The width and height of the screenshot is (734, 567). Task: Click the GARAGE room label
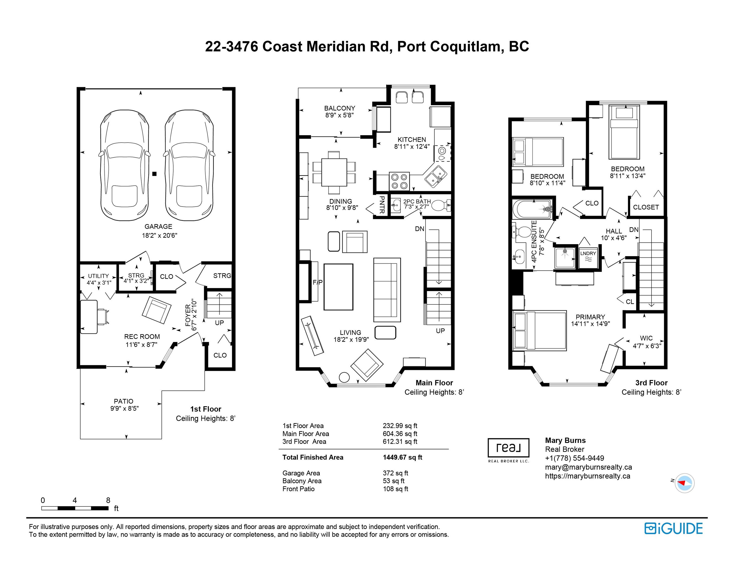[x=158, y=226]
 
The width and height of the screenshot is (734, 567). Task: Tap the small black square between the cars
[x=154, y=174]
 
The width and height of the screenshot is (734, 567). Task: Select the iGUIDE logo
[x=673, y=528]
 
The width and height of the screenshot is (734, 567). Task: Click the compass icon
[x=685, y=483]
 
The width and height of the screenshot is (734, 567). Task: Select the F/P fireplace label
[x=318, y=283]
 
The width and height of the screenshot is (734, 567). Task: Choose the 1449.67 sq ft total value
[x=402, y=457]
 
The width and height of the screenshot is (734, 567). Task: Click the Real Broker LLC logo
[x=508, y=450]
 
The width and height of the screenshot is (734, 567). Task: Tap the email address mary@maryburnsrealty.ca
[x=588, y=467]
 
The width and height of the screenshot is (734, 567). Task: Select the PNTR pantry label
[x=382, y=205]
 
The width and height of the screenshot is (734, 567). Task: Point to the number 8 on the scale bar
[x=108, y=500]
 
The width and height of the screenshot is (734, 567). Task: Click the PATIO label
[x=124, y=401]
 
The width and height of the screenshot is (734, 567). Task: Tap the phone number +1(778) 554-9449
[x=575, y=458]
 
